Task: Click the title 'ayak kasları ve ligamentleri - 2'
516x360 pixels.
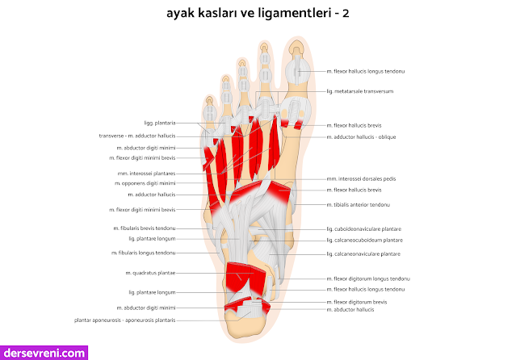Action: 258,15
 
